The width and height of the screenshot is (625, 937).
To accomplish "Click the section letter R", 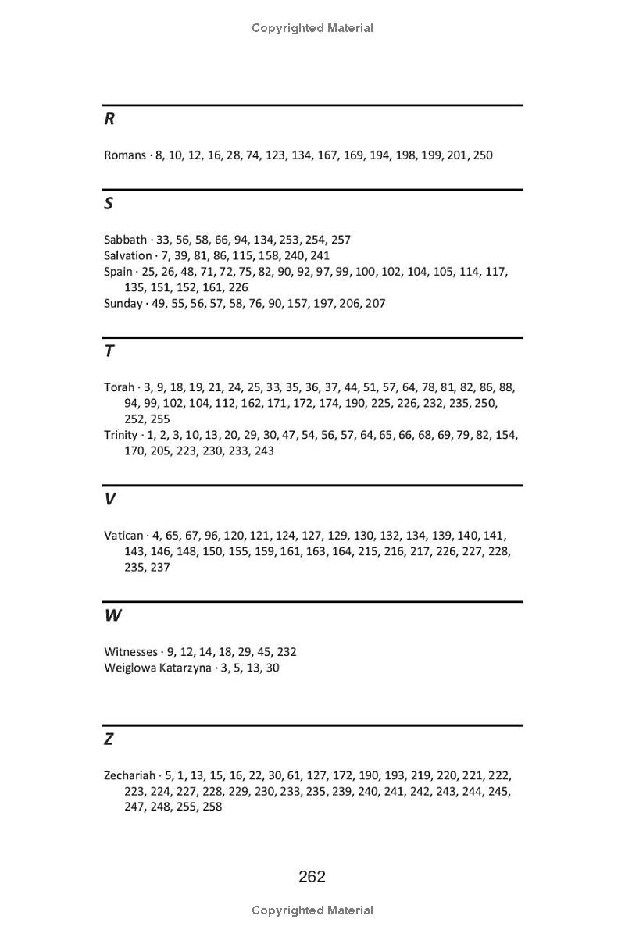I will point(109,119).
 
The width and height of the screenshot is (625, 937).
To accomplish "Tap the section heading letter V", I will point(109,499).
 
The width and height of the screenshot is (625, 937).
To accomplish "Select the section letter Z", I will point(109,739).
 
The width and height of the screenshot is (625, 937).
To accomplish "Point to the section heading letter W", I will point(112,615).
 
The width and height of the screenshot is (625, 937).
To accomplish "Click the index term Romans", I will point(125,155).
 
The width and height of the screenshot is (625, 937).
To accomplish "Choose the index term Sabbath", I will point(125,240).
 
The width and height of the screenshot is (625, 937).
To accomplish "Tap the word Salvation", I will point(128,255).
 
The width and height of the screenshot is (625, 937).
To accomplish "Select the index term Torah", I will point(119,387).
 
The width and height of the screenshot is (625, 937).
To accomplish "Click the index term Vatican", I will point(123,536).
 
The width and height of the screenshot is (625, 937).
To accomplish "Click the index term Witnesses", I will point(130,652).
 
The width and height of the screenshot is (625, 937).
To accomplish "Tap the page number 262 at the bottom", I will point(312,877).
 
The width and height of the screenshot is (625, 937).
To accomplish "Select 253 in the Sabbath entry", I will point(289,240).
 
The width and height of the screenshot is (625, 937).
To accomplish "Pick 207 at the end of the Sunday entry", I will point(375,303).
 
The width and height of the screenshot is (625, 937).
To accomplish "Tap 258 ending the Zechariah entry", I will point(212,807).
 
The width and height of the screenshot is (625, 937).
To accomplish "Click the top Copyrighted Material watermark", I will point(312,28).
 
